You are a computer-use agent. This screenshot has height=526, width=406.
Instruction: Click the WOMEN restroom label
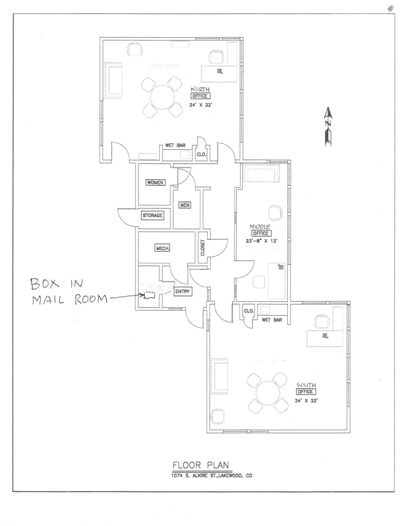point(155,183)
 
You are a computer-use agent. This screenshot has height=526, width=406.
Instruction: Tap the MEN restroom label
point(185,205)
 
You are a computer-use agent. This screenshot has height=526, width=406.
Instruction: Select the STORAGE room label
point(153,216)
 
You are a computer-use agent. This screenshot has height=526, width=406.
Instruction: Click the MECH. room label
point(162,248)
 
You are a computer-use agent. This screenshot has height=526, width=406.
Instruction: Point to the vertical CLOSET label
point(203,248)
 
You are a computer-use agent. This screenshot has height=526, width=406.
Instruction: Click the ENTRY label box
point(182,291)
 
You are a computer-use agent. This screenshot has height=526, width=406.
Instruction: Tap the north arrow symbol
point(328,126)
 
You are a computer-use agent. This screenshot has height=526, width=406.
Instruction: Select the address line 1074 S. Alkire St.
point(211,476)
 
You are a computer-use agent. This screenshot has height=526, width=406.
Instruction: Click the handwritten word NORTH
point(200,89)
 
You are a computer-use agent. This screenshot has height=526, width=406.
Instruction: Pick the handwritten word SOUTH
point(306,385)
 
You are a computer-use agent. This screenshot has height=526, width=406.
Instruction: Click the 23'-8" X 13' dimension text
point(261,241)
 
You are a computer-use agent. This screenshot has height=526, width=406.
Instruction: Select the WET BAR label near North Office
point(175,145)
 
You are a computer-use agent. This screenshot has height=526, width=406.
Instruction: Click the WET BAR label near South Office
point(272,320)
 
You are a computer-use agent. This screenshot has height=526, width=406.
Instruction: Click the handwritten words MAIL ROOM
point(70,299)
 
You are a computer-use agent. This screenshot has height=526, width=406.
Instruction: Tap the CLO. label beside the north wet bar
point(202,155)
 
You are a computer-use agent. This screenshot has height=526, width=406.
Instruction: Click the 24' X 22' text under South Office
point(306,401)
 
